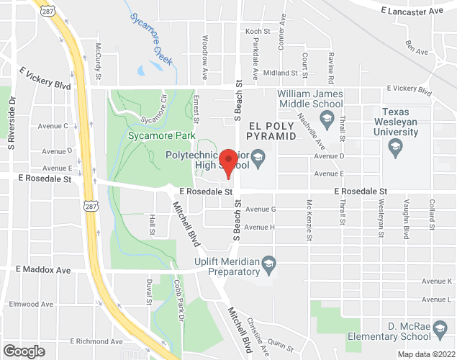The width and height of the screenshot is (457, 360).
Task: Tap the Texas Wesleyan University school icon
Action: pos(394,148)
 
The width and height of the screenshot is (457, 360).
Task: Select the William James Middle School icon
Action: pos(328,123)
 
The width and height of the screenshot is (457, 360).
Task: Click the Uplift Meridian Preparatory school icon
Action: pos(268,261)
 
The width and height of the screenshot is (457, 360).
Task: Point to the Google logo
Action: pos(23,351)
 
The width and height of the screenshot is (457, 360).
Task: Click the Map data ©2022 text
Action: pos(426,354)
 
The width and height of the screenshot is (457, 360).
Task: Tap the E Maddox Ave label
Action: pos(44,270)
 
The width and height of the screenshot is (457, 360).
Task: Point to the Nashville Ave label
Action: pos(312,130)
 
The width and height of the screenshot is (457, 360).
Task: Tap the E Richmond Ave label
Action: pos(96,341)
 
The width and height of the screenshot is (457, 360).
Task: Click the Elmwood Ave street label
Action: pos(31,304)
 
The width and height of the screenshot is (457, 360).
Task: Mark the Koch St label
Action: pos(257,32)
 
